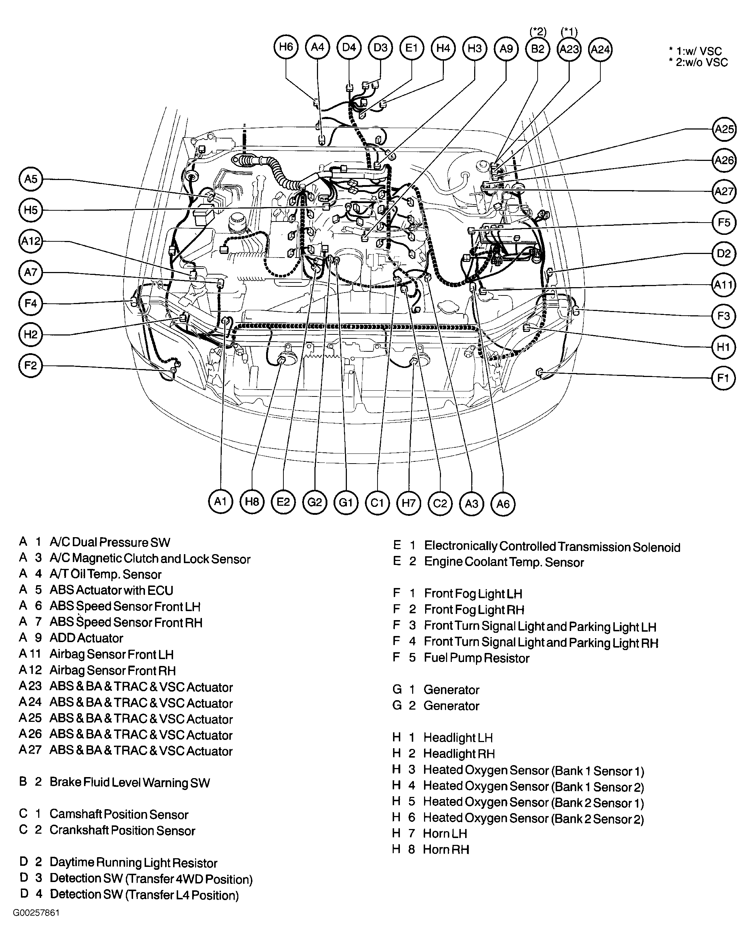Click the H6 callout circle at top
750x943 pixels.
(286, 47)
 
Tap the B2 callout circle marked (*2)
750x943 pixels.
(538, 49)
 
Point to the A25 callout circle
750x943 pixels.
(724, 129)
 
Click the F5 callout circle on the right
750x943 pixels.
(724, 223)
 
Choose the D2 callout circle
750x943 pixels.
(724, 254)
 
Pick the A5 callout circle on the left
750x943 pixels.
(31, 179)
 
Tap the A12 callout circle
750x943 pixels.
(31, 241)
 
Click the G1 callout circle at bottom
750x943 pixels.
(346, 502)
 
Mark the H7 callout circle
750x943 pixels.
(408, 503)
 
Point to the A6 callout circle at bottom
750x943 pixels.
(503, 504)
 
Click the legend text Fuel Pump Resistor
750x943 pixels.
(476, 658)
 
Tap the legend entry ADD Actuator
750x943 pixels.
(86, 638)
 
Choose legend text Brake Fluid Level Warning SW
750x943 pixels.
(129, 782)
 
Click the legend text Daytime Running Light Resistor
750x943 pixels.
(133, 863)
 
